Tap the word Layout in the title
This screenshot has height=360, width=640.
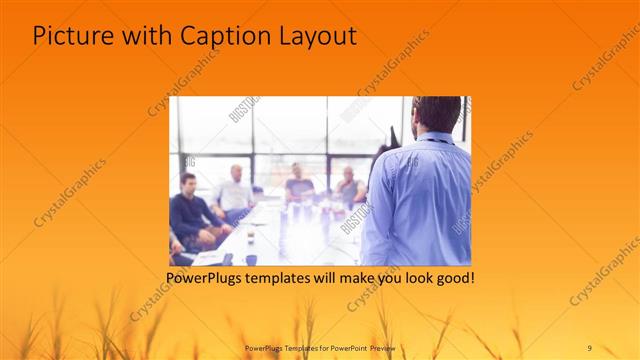(316, 36)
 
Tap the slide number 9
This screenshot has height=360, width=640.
(590, 346)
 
